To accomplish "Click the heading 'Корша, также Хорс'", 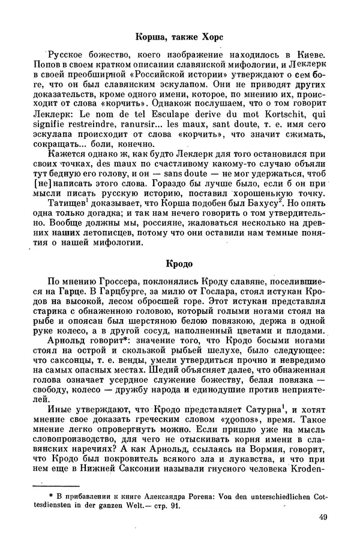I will coord(179,37).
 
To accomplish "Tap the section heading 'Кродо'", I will coord(179,263).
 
